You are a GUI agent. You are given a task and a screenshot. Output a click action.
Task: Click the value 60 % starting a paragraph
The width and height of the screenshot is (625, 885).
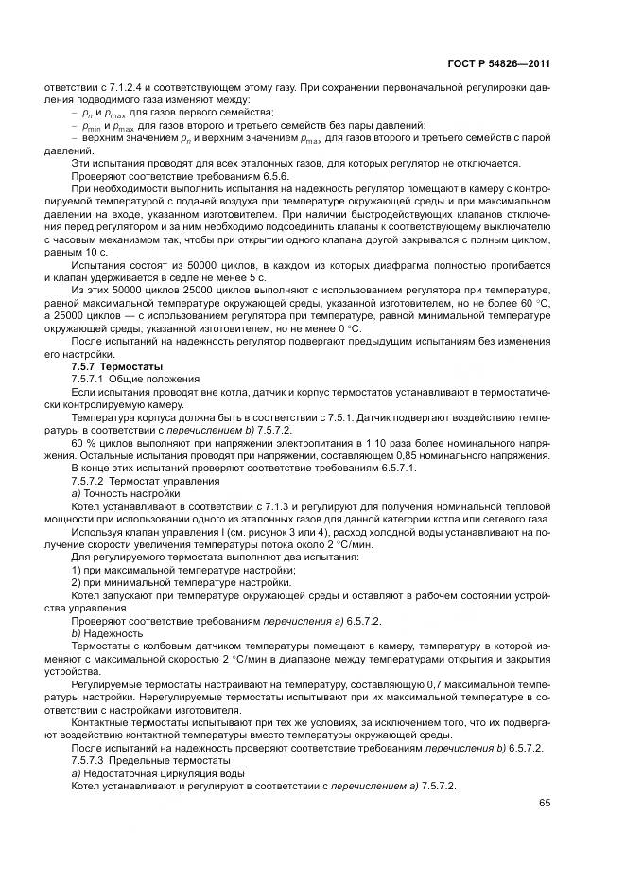click(84, 442)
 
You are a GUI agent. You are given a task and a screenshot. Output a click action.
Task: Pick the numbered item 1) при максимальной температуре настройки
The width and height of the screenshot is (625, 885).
click(175, 568)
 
